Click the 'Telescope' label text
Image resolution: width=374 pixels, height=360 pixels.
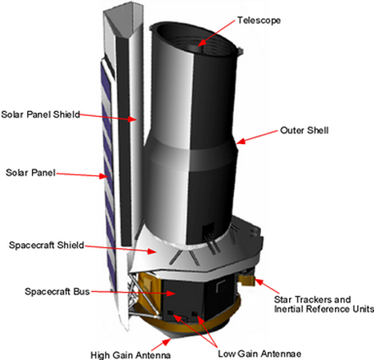[260, 18]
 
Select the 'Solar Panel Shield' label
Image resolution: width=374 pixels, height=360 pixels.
[41, 114]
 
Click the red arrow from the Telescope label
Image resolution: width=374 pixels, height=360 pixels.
[219, 31]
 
